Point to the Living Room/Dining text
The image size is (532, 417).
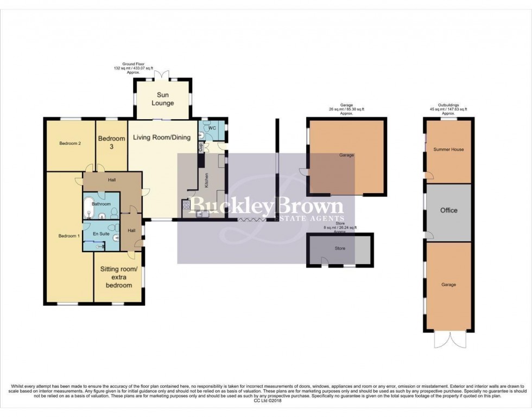click(162, 137)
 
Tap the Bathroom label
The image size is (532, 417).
click(101, 204)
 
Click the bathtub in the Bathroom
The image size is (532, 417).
click(88, 207)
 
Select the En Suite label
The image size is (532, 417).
click(101, 234)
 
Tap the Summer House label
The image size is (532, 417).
click(448, 149)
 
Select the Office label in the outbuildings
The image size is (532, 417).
click(448, 210)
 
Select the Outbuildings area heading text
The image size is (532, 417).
click(448, 105)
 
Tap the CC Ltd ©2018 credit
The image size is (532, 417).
click(265, 401)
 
